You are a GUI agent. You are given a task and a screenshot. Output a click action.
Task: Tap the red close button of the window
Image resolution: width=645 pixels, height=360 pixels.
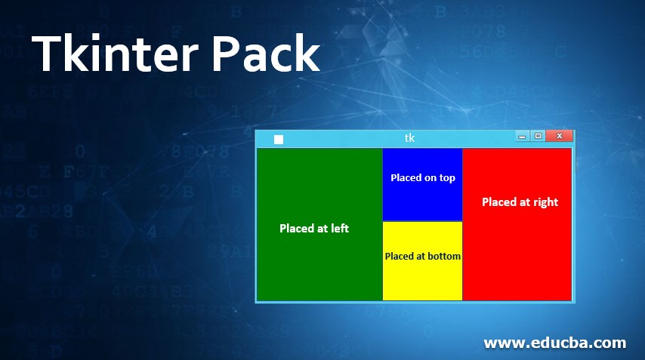[559, 136]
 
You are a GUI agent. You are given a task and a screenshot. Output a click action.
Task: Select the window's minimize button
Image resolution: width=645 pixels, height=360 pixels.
[521, 137]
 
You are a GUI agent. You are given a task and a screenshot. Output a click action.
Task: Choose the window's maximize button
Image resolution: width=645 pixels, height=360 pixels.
[538, 136]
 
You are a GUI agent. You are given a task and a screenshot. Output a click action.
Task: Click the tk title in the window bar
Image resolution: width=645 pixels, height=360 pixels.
[409, 138]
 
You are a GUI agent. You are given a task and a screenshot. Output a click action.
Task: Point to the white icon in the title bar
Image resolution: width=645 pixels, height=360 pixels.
[279, 139]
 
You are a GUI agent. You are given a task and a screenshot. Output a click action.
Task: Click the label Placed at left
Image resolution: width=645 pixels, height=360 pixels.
[314, 228]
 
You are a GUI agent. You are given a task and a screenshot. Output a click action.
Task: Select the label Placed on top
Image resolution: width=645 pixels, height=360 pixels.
[423, 178]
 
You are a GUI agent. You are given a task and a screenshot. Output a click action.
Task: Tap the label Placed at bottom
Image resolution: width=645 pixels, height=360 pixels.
[423, 256]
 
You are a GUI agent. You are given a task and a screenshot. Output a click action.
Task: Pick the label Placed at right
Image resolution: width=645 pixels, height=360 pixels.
[520, 202]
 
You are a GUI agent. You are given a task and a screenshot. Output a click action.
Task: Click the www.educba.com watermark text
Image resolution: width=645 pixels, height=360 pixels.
[554, 343]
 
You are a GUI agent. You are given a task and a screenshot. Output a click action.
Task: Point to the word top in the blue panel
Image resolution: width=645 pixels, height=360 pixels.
[447, 179]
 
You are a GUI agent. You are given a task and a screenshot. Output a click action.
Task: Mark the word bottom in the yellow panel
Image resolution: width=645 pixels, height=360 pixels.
[443, 256]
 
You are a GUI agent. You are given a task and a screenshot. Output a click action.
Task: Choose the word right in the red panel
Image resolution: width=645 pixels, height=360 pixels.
[545, 202]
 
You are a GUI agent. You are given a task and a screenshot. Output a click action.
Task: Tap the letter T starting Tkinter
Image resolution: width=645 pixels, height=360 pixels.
[47, 54]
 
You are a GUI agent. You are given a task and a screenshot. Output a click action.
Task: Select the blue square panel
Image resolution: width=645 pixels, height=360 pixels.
[423, 198]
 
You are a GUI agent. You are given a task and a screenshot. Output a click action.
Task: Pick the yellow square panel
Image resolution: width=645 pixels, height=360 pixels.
[423, 279]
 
